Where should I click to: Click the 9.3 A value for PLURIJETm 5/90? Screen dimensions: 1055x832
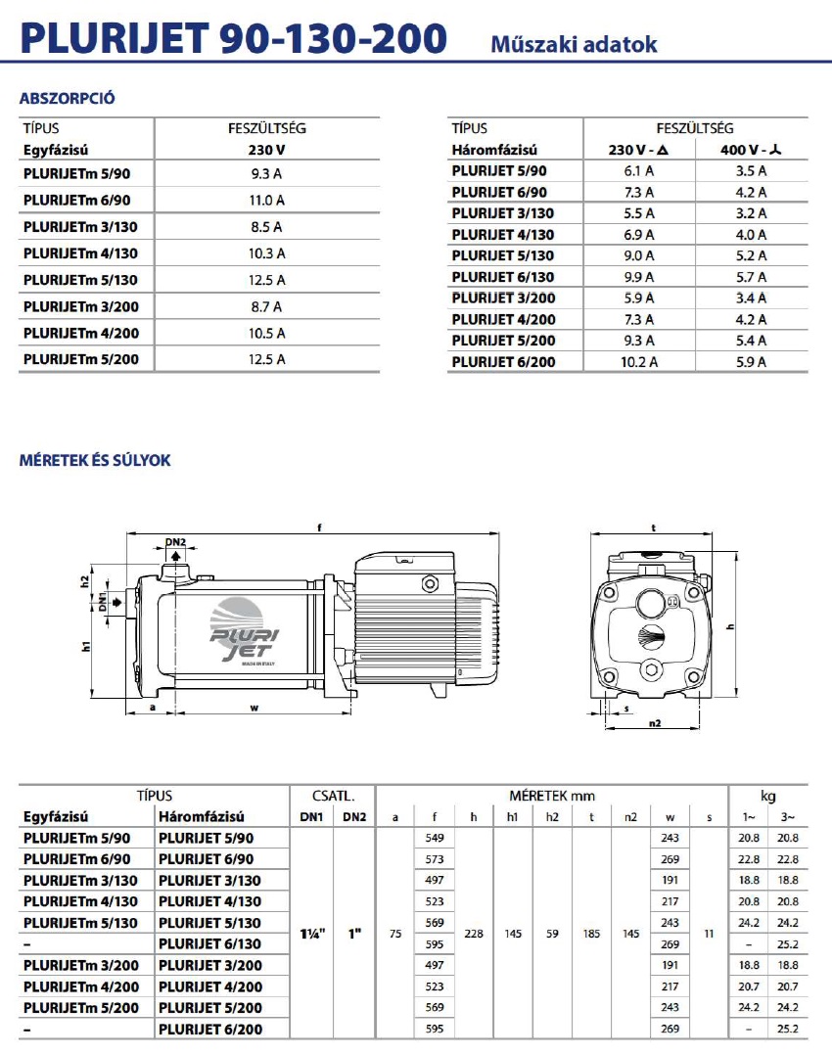click(266, 174)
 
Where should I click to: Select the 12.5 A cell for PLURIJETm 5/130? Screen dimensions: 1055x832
click(266, 280)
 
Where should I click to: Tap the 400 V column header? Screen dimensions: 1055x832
click(751, 151)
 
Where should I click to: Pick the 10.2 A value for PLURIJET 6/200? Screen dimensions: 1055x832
click(639, 362)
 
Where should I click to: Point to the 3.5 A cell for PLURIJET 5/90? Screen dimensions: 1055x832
click(751, 171)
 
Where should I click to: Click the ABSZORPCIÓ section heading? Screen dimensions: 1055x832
click(69, 99)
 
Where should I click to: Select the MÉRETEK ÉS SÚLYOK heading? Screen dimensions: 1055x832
click(95, 460)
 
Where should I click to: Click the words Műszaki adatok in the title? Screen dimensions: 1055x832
click(574, 44)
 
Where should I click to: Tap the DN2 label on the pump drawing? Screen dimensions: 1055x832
click(175, 542)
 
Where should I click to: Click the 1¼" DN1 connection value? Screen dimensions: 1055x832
click(311, 934)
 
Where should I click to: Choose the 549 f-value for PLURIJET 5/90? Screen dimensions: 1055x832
click(435, 838)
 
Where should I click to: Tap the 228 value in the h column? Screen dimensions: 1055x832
click(474, 934)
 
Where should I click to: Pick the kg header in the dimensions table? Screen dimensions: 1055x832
click(767, 796)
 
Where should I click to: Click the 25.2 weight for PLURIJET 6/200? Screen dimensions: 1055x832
click(787, 1029)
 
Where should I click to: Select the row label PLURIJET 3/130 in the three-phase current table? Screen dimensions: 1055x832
click(503, 213)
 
